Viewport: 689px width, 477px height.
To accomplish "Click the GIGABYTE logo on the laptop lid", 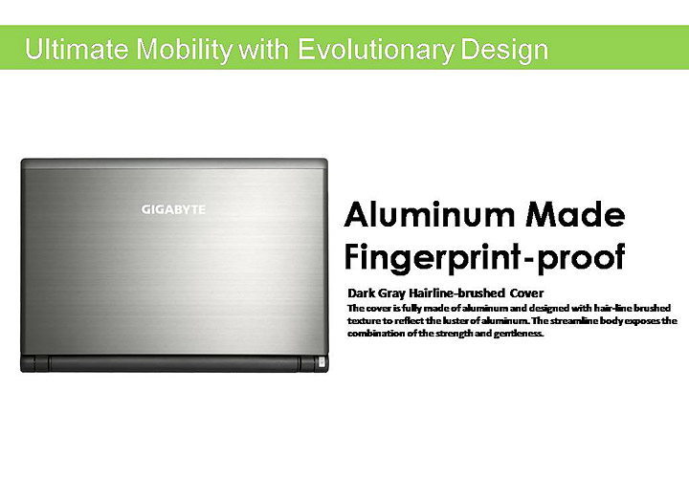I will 173,206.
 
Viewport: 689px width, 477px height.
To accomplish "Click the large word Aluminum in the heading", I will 423,215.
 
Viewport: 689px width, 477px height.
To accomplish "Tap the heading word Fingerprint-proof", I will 484,256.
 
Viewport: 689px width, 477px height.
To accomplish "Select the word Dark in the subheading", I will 361,293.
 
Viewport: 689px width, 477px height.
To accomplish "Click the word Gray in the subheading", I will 392,293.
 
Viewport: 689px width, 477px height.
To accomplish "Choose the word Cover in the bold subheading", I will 526,293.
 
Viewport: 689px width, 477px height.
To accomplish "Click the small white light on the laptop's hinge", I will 320,364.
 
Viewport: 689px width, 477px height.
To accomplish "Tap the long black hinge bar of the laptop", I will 172,364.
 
